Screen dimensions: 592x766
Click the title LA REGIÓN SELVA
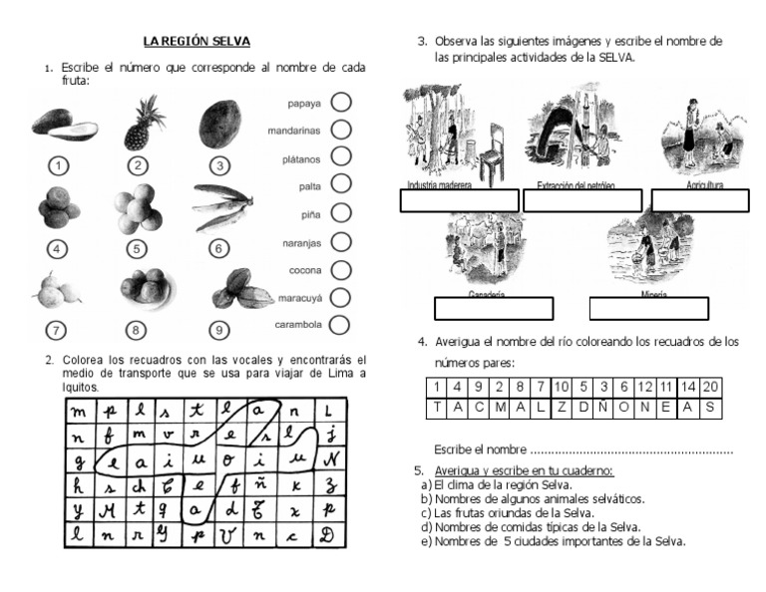196,41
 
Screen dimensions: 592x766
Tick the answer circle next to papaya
340,102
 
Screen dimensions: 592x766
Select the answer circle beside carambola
340,324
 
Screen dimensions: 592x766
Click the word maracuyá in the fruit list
298,297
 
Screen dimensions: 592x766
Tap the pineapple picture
140,122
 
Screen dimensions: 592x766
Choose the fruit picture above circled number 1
63,125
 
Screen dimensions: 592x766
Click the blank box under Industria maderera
459,200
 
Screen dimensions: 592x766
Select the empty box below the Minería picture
648,308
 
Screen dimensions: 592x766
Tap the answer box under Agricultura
700,200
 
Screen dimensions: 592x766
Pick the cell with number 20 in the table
710,387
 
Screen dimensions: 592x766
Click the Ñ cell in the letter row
600,407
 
